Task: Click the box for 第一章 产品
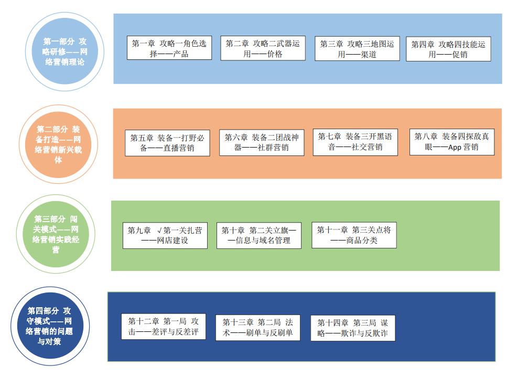[x=169, y=48]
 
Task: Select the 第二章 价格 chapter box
[x=263, y=48]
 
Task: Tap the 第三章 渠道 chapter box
[x=357, y=48]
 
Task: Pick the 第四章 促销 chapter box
[x=448, y=49]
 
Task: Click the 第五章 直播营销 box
[x=167, y=143]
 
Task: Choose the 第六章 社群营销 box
[x=262, y=143]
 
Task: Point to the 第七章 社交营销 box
[x=355, y=142]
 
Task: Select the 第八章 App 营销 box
[x=452, y=142]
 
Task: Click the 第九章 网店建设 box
[x=165, y=235]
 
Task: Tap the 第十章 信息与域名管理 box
[x=259, y=235]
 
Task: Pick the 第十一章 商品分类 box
[x=354, y=235]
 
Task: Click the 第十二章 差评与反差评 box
[x=163, y=327]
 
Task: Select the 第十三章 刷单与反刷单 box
[x=257, y=328]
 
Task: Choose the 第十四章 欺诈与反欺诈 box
[x=352, y=328]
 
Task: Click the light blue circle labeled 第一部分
[x=64, y=51]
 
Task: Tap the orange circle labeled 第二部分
[x=58, y=144]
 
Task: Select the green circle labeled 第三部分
[x=56, y=234]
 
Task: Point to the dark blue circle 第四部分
[x=50, y=326]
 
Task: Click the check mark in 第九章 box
[x=159, y=231]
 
